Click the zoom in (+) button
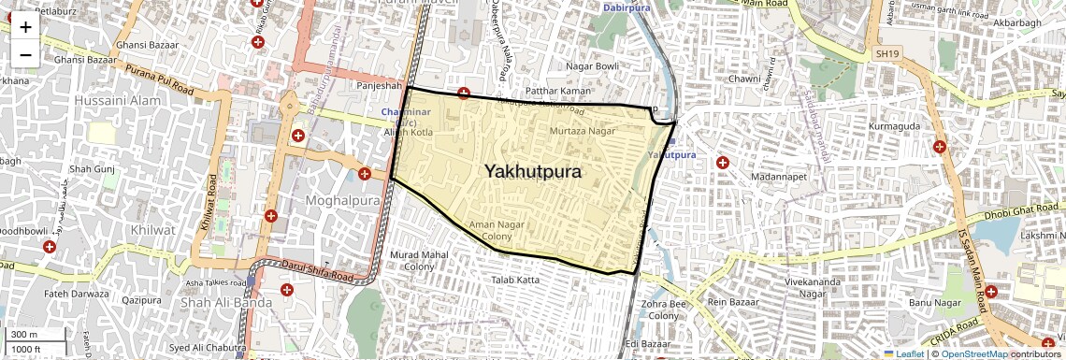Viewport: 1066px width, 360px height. [x=25, y=27]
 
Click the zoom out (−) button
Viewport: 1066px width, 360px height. [x=25, y=54]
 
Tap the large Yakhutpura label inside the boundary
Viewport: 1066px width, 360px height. [x=533, y=172]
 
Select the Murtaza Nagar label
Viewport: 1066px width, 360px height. [x=582, y=131]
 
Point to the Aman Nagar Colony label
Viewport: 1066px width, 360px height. [x=497, y=231]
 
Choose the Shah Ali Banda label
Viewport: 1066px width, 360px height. [x=226, y=302]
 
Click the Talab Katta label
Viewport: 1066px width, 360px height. [x=516, y=280]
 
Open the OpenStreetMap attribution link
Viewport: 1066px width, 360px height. [x=973, y=353]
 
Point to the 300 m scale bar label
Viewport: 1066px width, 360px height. [x=24, y=335]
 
